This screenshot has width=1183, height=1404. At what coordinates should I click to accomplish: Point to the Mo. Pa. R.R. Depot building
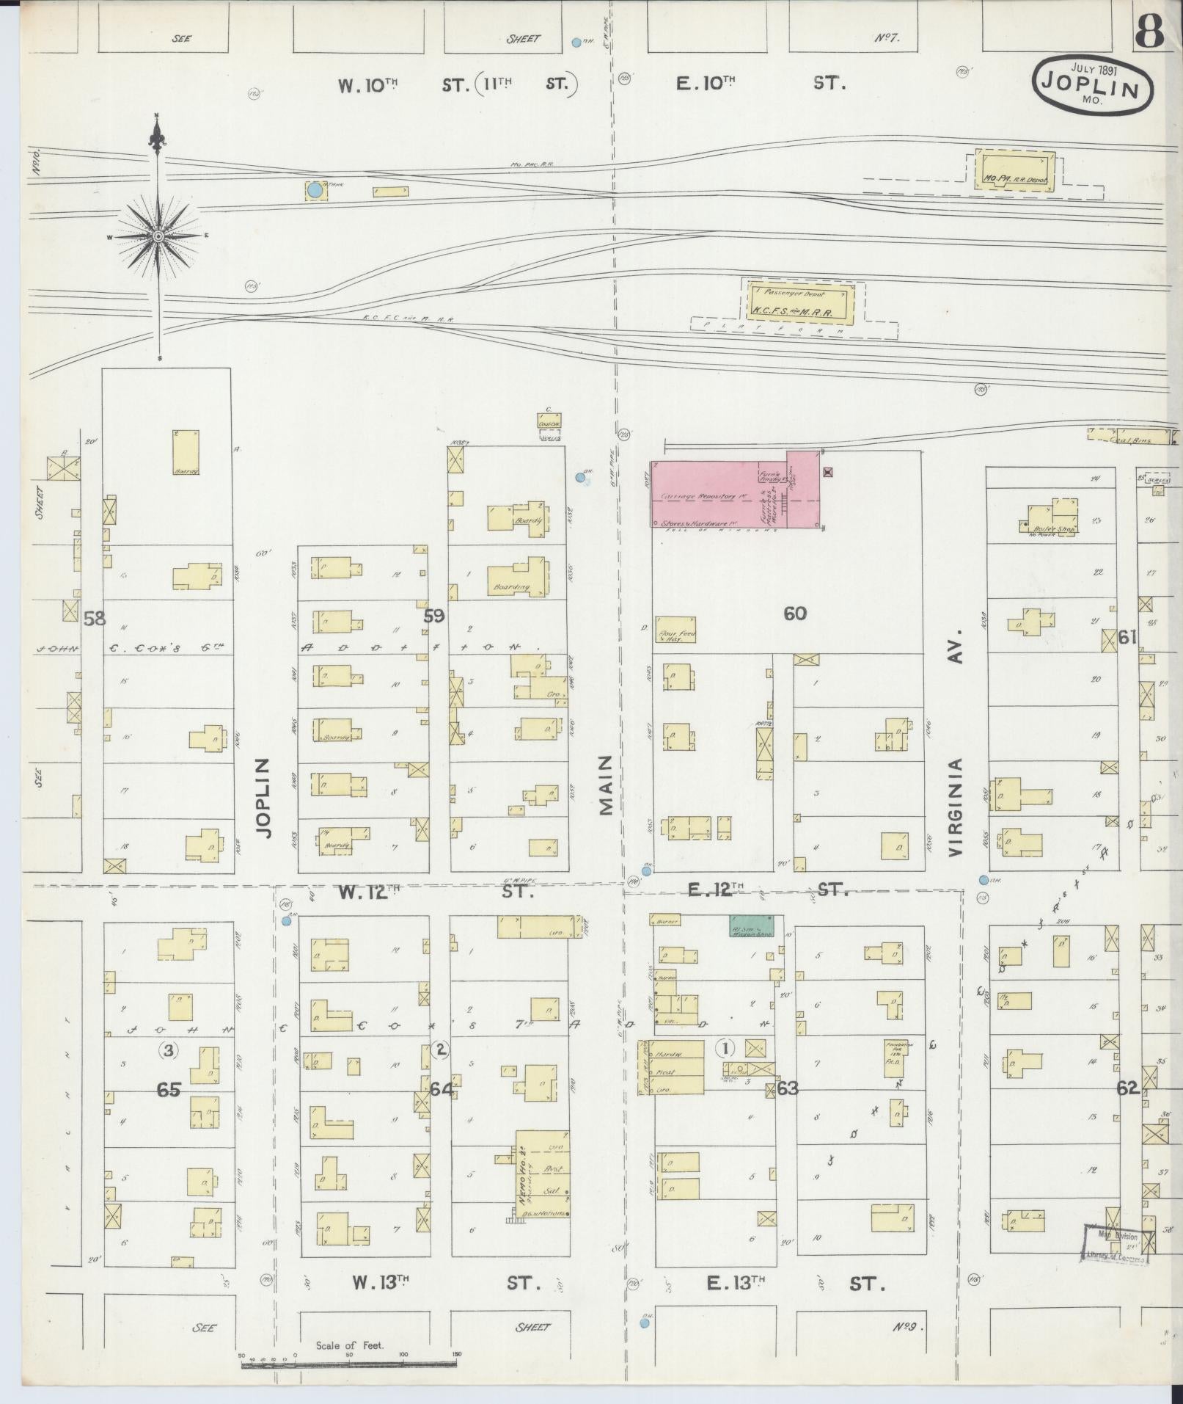1014,171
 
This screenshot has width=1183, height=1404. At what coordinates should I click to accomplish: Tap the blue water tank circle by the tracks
315,190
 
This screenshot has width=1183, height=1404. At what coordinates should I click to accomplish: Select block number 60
795,613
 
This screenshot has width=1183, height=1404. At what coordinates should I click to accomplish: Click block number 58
95,619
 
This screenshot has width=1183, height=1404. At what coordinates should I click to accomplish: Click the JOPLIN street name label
264,797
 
